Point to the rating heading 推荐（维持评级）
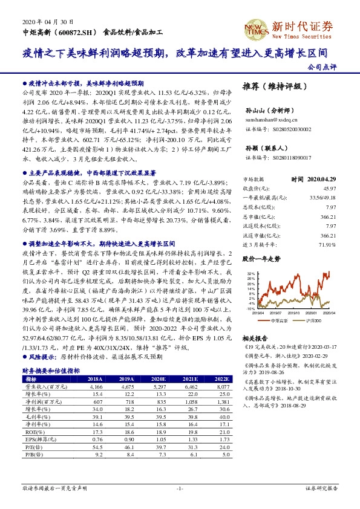pyautogui.click(x=271, y=86)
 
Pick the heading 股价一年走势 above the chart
pyautogui.click(x=261, y=258)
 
